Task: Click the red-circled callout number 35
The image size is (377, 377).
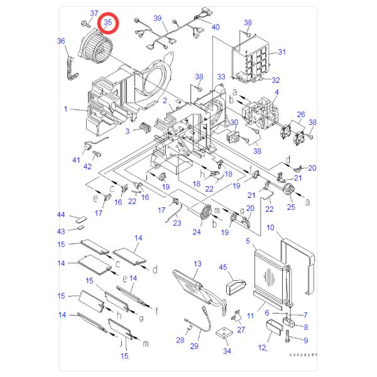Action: tap(108, 23)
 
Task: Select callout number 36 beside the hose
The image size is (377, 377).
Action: tap(61, 41)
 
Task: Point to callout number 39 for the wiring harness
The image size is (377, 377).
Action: tap(158, 18)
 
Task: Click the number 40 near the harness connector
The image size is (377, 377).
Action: tap(216, 27)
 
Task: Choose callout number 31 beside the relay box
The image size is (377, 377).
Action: tap(282, 52)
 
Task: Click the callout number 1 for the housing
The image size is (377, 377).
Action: tap(65, 109)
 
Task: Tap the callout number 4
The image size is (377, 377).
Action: tap(276, 92)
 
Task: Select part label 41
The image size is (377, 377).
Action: tap(76, 160)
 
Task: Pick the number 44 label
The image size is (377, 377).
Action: tap(61, 215)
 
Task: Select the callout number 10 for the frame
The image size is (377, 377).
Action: tap(271, 227)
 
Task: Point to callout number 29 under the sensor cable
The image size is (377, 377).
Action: tap(194, 346)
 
